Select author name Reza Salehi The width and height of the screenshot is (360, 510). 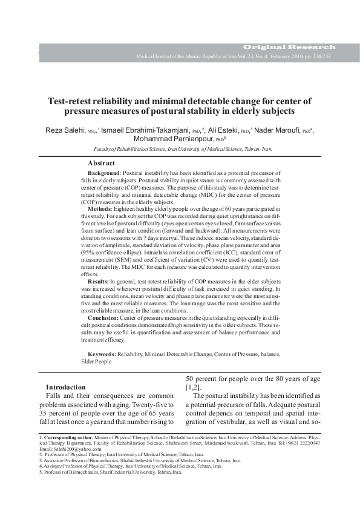[65, 130]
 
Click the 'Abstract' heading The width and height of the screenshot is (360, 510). [102, 164]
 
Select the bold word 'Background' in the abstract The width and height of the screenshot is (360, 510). [105, 174]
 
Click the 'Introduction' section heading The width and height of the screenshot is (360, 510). [66, 387]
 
